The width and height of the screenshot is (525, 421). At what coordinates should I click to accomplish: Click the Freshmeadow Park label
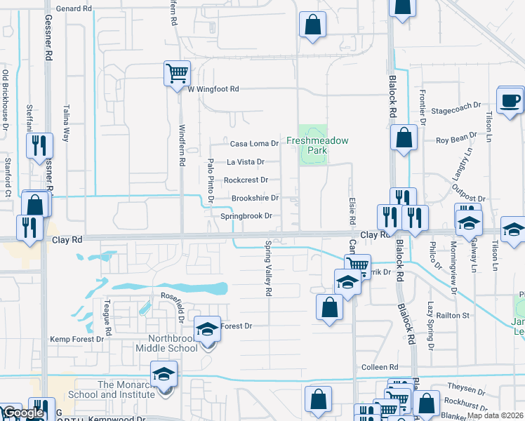[x=317, y=145]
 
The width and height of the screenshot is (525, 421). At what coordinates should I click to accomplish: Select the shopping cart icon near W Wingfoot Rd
[x=177, y=72]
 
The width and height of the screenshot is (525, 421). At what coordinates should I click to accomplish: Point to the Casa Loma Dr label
[x=255, y=144]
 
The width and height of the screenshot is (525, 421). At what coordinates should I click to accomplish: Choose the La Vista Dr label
[x=245, y=162]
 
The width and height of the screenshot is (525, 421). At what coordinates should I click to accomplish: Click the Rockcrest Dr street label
[x=246, y=180]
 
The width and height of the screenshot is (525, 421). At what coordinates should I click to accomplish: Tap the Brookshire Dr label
[x=255, y=199]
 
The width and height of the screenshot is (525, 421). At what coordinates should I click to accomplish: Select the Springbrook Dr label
[x=246, y=216]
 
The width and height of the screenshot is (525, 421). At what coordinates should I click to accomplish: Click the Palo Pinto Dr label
[x=210, y=181]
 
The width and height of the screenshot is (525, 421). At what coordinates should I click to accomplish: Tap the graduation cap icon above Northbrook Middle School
[x=208, y=329]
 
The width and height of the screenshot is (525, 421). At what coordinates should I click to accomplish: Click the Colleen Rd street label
[x=380, y=368]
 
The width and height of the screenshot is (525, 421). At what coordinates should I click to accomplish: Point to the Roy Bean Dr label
[x=457, y=140]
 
